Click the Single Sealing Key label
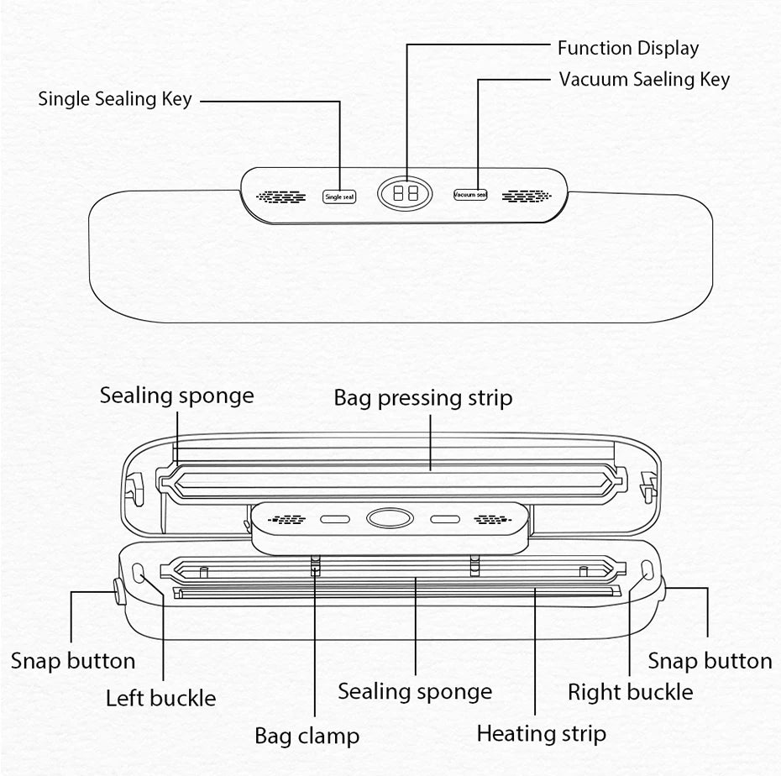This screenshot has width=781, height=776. coord(115,99)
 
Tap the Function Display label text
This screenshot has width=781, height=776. coord(627,49)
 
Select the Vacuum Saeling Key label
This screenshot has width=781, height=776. coord(644,80)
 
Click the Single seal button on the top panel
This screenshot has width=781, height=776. coord(339,197)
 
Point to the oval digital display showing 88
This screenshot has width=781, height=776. coord(406,193)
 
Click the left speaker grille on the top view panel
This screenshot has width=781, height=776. coord(281,197)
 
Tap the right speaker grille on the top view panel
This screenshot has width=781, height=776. coord(527,196)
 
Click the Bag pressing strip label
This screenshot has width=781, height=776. coord(422,397)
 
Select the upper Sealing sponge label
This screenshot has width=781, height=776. coord(176,396)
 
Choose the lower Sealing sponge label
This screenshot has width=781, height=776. coord(415,692)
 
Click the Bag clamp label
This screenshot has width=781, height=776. coord(307,737)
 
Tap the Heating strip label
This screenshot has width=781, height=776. coord(541,733)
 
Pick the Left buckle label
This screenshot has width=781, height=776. coord(160,698)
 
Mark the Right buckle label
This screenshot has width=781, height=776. coord(630,693)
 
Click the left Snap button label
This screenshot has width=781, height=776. coord(73,661)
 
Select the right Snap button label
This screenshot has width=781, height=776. coord(710,661)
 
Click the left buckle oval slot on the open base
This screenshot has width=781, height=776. coord(137,573)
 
